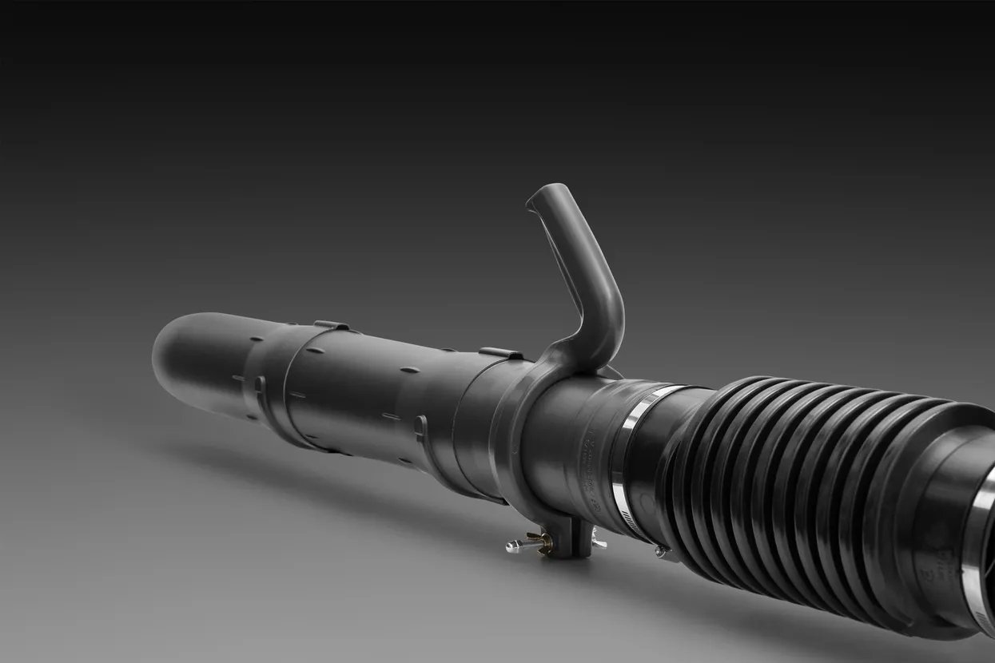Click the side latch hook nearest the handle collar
pyautogui.click(x=420, y=427)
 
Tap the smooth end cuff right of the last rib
pyautogui.click(x=943, y=519)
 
